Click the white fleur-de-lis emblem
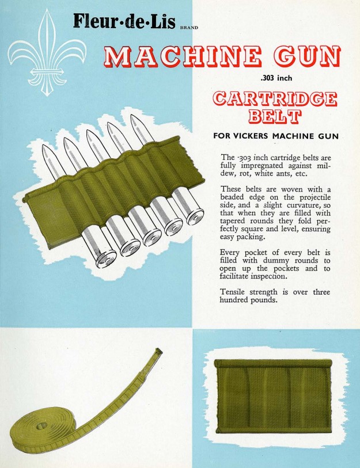[x=47, y=54]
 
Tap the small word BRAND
[x=189, y=28]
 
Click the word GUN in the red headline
[x=307, y=56]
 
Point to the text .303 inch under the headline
[x=276, y=78]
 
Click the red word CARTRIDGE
[x=275, y=99]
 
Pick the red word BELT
[x=275, y=116]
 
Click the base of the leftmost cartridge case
[x=107, y=259]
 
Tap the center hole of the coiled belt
[x=41, y=427]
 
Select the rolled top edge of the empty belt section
[x=273, y=364]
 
